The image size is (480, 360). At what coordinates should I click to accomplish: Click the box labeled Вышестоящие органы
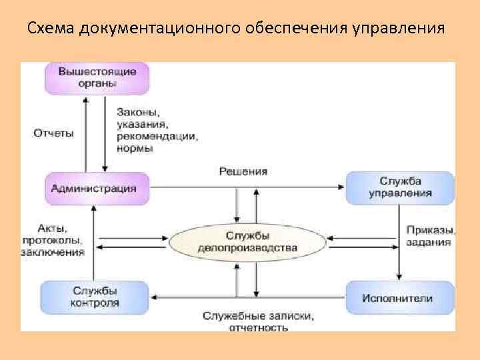97,77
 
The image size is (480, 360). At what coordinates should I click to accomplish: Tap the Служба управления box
400,187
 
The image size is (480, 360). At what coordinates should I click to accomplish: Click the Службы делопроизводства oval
247,241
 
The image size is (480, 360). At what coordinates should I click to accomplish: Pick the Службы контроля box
95,297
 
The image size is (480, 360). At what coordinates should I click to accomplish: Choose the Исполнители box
399,298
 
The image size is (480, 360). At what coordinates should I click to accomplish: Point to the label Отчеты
53,133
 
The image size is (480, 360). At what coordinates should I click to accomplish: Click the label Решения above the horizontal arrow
243,171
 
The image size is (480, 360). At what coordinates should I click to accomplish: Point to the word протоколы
51,241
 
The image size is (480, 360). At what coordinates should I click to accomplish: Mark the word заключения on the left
52,252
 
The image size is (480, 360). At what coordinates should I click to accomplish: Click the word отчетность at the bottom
259,327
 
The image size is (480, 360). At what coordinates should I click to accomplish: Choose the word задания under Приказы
428,242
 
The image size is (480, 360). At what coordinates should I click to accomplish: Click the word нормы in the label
135,149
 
